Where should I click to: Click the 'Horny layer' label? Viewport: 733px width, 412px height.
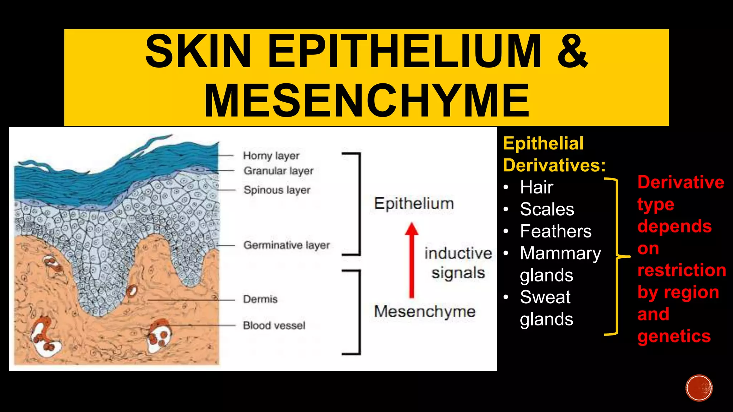tap(271, 156)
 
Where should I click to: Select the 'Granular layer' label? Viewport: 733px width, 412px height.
tap(278, 171)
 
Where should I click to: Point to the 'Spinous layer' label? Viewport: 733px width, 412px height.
tap(277, 190)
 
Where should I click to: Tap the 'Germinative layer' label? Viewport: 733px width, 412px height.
tap(286, 245)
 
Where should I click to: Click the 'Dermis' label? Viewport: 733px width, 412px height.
tap(260, 299)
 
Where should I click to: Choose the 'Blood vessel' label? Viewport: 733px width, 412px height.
tap(274, 325)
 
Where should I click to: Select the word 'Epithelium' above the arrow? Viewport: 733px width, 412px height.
tap(414, 204)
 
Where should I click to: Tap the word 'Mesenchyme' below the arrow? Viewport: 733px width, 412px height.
tap(424, 312)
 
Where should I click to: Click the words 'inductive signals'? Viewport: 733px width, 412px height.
tap(458, 263)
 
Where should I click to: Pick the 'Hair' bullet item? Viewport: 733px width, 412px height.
tap(537, 187)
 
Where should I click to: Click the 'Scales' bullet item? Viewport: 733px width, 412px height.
tap(547, 209)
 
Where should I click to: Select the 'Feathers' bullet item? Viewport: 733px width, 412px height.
tap(555, 231)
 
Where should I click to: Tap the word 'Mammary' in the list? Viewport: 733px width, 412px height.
tap(560, 254)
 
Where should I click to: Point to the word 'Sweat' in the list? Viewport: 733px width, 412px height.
tap(545, 297)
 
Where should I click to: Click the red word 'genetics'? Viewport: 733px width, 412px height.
tap(674, 336)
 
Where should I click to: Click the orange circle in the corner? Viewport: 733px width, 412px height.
tap(699, 388)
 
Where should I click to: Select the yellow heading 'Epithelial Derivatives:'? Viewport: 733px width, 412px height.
tap(554, 154)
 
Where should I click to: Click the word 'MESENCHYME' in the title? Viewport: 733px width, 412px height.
tap(366, 100)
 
